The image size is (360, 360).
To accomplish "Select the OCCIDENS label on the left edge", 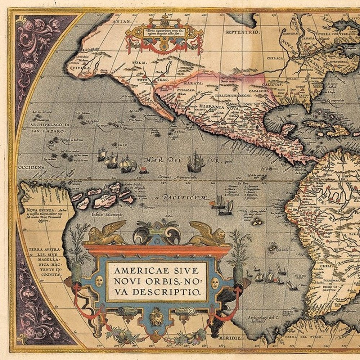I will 32,167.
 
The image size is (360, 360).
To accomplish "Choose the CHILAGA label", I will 275,58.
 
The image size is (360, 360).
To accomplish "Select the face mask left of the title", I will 99,281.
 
